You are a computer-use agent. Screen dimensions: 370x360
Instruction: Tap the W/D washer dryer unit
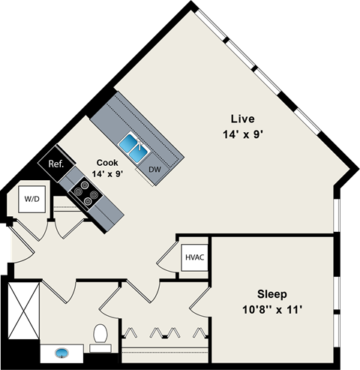pos(31,200)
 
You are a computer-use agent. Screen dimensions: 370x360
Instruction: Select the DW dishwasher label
pos(154,170)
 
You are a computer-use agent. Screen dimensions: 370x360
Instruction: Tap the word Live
pos(242,119)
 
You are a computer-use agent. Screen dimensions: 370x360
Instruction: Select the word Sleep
pos(272,294)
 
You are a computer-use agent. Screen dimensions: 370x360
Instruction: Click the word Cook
pos(106,162)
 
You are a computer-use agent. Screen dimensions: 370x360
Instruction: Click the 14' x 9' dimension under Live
pos(242,134)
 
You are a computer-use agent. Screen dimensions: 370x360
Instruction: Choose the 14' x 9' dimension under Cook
pos(106,174)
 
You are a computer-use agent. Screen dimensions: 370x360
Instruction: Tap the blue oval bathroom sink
pos(61,351)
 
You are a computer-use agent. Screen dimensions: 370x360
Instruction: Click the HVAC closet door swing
pos(165,259)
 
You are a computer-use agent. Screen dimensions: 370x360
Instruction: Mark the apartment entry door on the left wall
pos(21,244)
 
